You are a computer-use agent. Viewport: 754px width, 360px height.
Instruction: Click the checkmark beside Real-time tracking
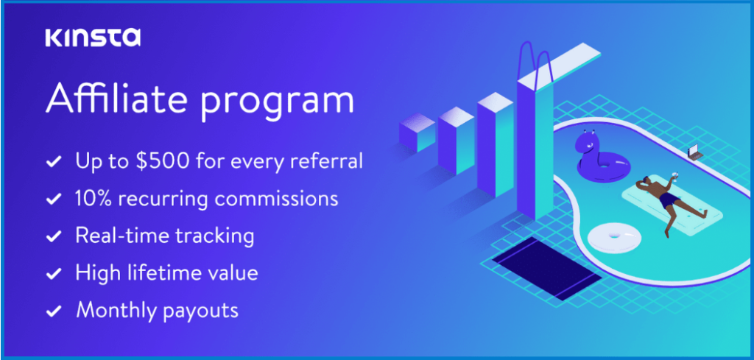point(53,236)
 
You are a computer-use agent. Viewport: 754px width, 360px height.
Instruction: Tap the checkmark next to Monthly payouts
point(53,311)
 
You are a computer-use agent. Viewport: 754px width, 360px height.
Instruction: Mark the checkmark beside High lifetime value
point(53,274)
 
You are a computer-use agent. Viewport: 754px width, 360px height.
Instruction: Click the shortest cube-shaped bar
point(417,132)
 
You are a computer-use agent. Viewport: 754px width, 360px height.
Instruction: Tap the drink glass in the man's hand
point(674,177)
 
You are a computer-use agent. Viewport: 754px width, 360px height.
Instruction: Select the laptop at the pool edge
point(694,152)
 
